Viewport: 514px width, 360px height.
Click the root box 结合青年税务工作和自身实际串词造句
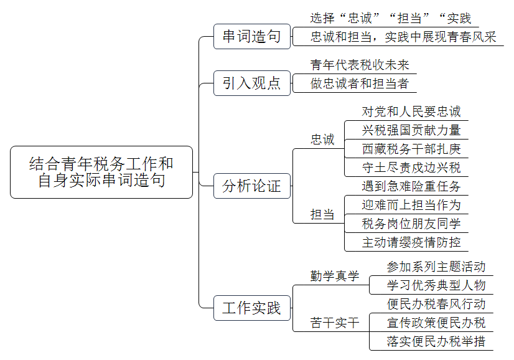(x=101, y=172)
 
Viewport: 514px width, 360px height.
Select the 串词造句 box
(x=252, y=36)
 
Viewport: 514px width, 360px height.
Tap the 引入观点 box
(x=252, y=83)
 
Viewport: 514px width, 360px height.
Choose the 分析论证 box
(x=252, y=186)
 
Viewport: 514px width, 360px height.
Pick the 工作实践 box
(x=252, y=308)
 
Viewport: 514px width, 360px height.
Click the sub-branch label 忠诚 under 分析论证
(x=322, y=140)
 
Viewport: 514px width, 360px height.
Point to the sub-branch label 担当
(x=322, y=214)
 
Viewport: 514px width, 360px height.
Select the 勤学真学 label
(x=335, y=276)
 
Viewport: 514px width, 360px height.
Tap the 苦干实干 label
(x=335, y=323)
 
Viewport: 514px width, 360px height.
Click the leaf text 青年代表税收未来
(x=360, y=65)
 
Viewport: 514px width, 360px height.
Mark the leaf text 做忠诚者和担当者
(x=360, y=83)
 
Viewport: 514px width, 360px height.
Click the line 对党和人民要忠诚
(x=411, y=111)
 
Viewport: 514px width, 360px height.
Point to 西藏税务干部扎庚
(x=411, y=149)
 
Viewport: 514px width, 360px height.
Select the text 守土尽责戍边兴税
(x=411, y=168)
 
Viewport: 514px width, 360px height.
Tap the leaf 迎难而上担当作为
(x=411, y=205)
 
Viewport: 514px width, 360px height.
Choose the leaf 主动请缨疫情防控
(x=411, y=242)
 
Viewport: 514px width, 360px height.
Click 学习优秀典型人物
(x=436, y=285)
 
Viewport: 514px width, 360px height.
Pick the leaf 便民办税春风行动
(x=436, y=304)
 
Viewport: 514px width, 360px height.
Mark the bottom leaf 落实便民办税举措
(x=436, y=341)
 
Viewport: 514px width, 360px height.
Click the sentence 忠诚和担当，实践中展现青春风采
(x=403, y=37)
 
